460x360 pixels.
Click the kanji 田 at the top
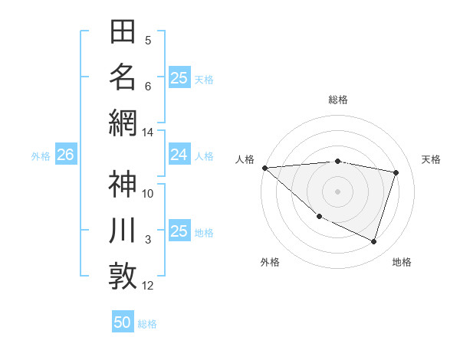tap(123, 32)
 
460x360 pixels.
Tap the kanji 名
tap(123, 77)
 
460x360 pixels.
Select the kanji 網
tap(123, 123)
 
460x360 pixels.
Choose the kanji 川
tap(123, 231)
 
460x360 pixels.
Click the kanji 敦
tap(123, 276)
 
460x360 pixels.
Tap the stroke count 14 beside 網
tap(148, 133)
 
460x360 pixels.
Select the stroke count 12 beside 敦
tap(148, 286)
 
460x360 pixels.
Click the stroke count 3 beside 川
tap(148, 240)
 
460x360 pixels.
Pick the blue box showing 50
tap(123, 322)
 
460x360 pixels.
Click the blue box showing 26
tap(65, 155)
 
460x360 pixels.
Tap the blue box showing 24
tap(179, 155)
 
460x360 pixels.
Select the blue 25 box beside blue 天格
tap(179, 78)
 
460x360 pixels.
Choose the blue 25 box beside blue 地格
tap(179, 231)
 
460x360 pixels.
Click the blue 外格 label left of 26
tap(41, 156)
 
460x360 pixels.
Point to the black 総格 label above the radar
tap(338, 100)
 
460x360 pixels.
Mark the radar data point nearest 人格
tap(264, 167)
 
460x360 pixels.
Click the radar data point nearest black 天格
tap(396, 172)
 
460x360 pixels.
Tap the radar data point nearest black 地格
tap(373, 241)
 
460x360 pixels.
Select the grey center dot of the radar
tap(337, 191)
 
